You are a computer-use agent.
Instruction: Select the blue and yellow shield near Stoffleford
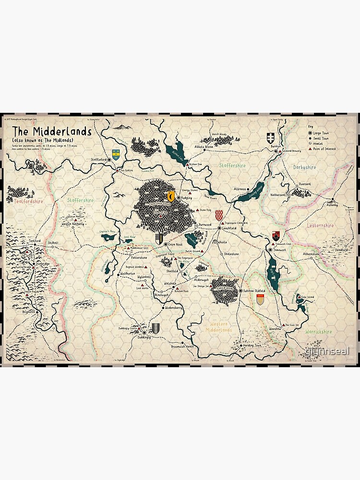pyautogui.click(x=116, y=153)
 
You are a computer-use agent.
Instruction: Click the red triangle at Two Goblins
pyautogui.click(x=117, y=169)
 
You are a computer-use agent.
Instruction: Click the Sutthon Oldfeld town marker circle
pyautogui.click(x=240, y=290)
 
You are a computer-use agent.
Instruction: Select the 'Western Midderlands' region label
pyautogui.click(x=218, y=327)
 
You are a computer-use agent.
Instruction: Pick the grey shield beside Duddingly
pyautogui.click(x=156, y=327)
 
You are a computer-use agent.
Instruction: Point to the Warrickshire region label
pyautogui.click(x=318, y=332)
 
